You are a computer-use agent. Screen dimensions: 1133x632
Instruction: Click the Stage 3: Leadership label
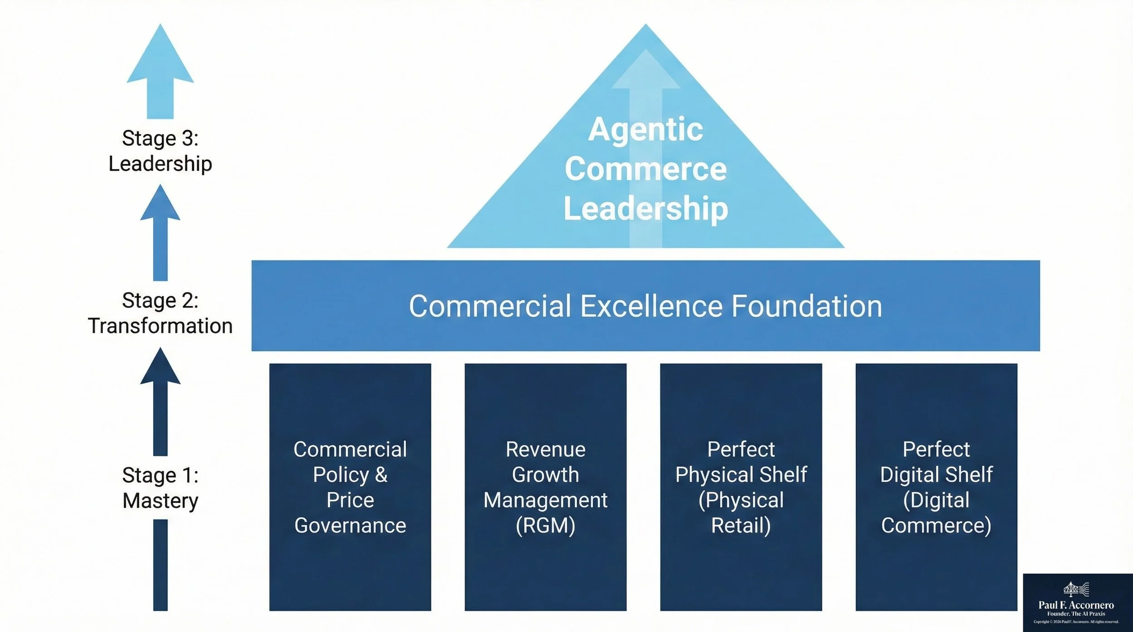pyautogui.click(x=160, y=151)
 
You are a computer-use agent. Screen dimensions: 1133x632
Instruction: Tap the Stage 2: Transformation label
pyautogui.click(x=160, y=313)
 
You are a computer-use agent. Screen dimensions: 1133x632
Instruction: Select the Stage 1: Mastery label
pyautogui.click(x=160, y=488)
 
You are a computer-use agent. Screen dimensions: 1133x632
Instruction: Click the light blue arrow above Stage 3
pyautogui.click(x=160, y=72)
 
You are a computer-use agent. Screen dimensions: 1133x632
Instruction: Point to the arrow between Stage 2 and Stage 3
pyautogui.click(x=160, y=233)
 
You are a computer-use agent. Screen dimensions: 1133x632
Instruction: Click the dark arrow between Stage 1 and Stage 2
pyautogui.click(x=160, y=401)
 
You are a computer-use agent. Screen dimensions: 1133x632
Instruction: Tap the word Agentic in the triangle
pyautogui.click(x=645, y=130)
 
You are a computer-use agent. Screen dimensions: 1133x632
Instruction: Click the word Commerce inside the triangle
pyautogui.click(x=645, y=169)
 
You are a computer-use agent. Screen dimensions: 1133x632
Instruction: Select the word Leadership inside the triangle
pyautogui.click(x=645, y=208)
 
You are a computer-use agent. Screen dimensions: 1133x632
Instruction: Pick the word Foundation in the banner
pyautogui.click(x=807, y=306)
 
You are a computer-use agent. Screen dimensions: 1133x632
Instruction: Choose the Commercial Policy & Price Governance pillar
pyautogui.click(x=350, y=487)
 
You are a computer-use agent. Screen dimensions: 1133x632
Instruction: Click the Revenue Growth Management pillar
pyautogui.click(x=545, y=487)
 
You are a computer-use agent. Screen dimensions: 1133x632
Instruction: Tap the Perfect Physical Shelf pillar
pyautogui.click(x=741, y=487)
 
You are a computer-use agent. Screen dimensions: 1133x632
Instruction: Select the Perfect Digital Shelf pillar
pyautogui.click(x=936, y=487)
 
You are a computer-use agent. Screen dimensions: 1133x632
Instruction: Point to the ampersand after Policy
pyautogui.click(x=381, y=475)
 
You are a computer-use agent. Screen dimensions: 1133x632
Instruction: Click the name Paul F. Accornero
pyautogui.click(x=1076, y=605)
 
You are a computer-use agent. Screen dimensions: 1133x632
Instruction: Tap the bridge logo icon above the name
pyautogui.click(x=1076, y=589)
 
